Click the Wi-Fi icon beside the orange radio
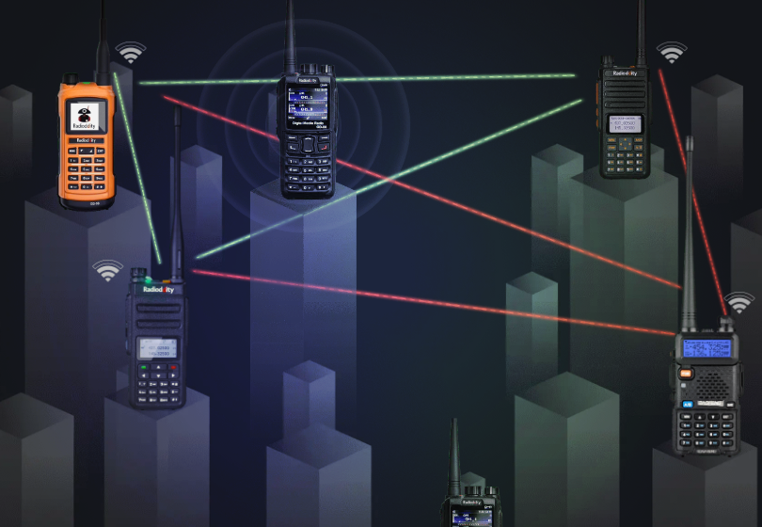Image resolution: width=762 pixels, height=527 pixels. (x=131, y=53)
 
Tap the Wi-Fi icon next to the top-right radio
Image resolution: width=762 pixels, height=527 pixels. (x=671, y=53)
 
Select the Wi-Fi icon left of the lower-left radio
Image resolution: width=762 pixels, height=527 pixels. (x=107, y=271)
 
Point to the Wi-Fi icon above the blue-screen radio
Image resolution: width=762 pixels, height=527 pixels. (x=738, y=303)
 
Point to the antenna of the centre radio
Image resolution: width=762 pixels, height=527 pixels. (x=291, y=36)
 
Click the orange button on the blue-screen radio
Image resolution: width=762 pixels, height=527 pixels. (x=687, y=373)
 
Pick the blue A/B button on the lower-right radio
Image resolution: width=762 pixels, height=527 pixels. (x=689, y=404)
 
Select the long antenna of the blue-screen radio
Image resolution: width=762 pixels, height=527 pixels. (x=690, y=235)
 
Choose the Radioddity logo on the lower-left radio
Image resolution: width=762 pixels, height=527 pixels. (x=158, y=291)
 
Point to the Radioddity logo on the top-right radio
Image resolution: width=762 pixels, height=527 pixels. (x=626, y=72)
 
